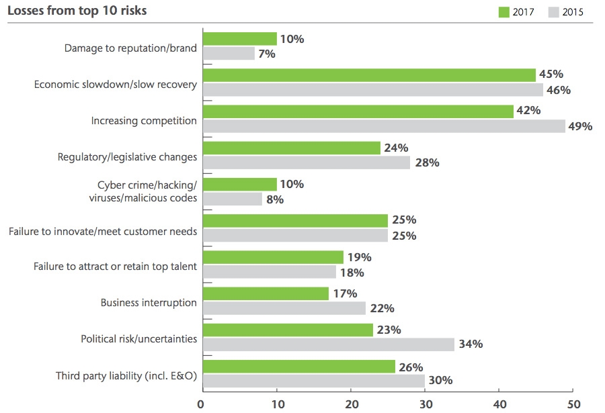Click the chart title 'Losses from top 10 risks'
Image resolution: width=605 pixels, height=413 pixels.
tap(77, 11)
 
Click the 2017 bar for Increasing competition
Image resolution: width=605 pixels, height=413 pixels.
tap(358, 111)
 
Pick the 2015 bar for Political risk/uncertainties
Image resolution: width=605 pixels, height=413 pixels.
tap(328, 345)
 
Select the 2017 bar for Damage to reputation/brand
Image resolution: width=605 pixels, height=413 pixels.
tap(239, 39)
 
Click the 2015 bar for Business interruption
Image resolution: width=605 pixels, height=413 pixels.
tap(284, 308)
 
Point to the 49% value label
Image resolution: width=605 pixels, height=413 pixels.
tap(579, 126)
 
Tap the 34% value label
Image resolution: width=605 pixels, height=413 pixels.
tap(469, 345)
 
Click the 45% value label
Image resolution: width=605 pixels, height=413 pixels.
tap(550, 75)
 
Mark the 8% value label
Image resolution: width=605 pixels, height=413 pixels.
tap(276, 199)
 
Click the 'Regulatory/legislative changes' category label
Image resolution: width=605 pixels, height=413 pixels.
tap(128, 157)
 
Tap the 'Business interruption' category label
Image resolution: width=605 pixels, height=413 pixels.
tap(149, 302)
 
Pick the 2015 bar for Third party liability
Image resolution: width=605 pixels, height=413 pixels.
tap(313, 381)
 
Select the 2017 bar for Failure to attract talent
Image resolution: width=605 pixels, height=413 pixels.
tap(273, 257)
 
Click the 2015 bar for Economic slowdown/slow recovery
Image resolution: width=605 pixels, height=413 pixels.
tap(372, 89)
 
